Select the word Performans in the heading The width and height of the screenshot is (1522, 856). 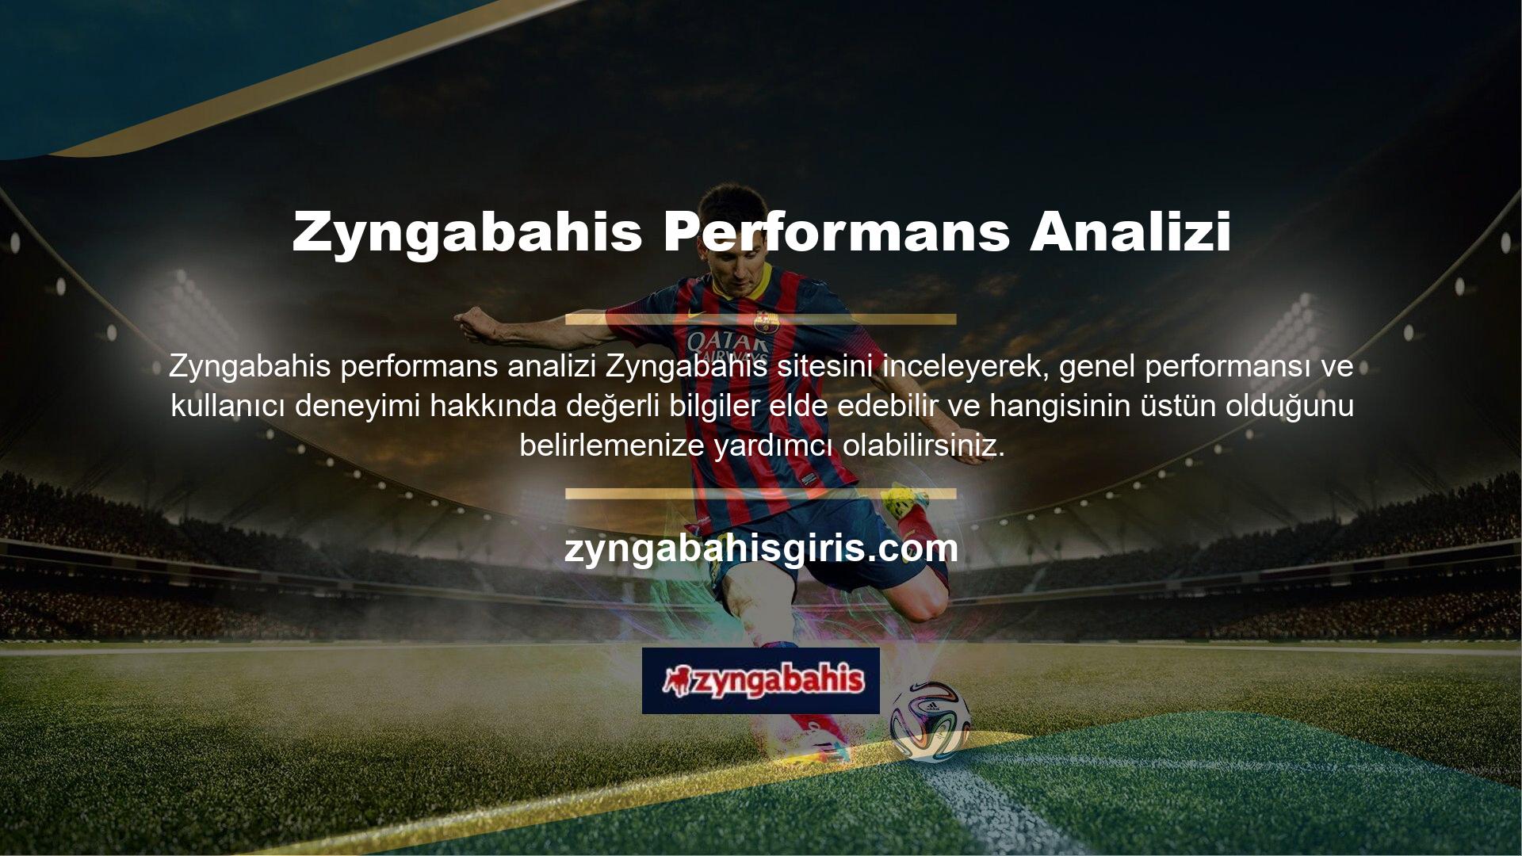click(x=836, y=231)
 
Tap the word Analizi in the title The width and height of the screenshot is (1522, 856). click(x=1130, y=231)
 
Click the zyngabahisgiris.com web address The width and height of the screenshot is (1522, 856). click(x=761, y=548)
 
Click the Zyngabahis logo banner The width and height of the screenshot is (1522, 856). click(x=761, y=681)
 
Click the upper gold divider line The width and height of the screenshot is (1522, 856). click(x=761, y=319)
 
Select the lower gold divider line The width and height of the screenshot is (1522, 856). click(x=761, y=494)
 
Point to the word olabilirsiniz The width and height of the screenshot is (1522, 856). click(x=924, y=446)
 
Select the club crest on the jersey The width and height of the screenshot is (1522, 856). click(x=763, y=321)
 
